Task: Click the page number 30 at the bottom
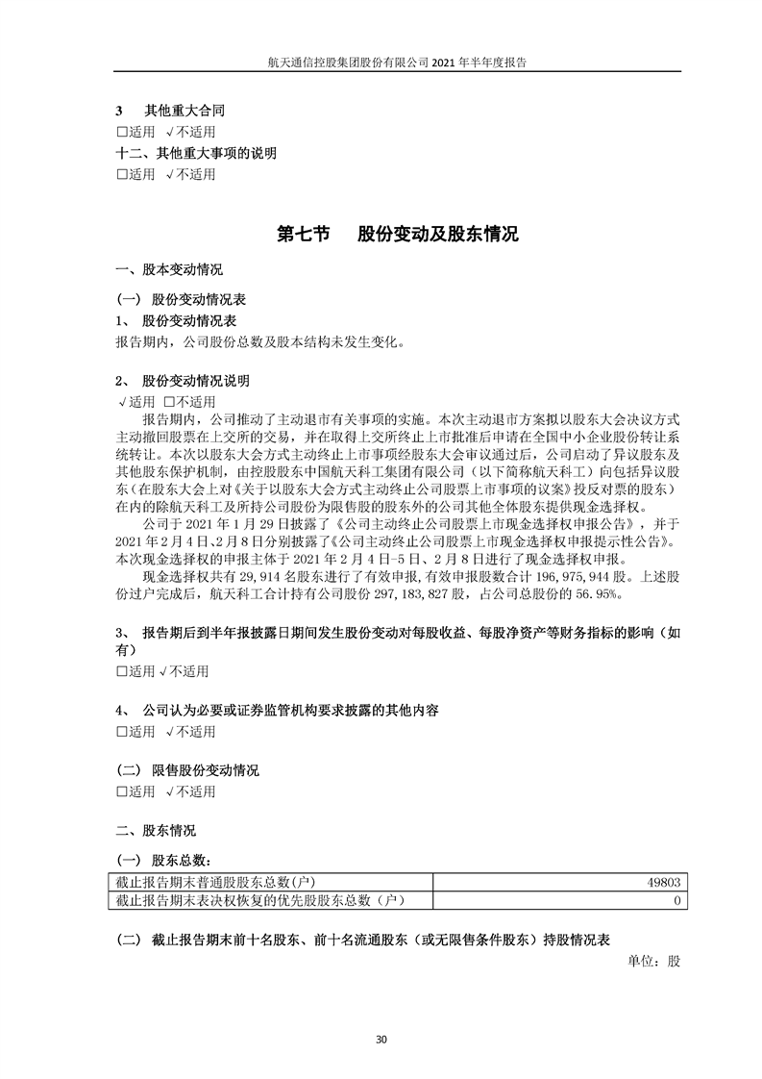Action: click(381, 1039)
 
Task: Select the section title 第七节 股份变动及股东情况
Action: click(397, 234)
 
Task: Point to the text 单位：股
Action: click(653, 961)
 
